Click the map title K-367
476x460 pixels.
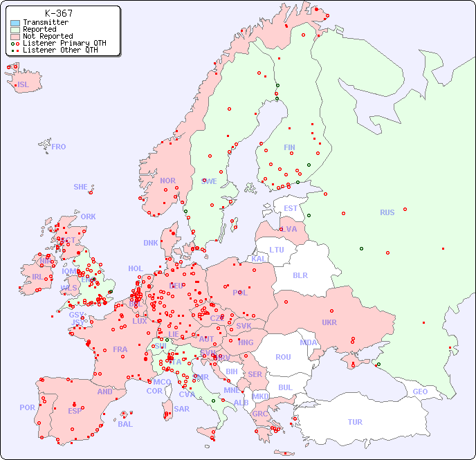point(59,13)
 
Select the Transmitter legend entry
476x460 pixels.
point(45,22)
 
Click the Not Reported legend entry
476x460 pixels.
point(47,36)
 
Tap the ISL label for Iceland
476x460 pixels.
point(24,85)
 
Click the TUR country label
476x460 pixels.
point(355,422)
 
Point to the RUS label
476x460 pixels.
point(387,212)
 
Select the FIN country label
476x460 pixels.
point(289,147)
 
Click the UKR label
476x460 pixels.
point(329,322)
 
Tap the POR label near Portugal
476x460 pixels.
point(27,407)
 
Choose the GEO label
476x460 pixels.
point(420,392)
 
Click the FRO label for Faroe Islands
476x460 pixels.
point(59,147)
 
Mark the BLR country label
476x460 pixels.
point(300,275)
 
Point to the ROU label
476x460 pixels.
point(283,357)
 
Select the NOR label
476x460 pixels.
point(167,181)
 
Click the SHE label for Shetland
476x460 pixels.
point(81,187)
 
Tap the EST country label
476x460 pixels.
point(291,208)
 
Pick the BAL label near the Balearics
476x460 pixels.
point(125,424)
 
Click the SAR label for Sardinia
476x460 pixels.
point(181,409)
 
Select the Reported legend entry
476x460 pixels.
point(39,29)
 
